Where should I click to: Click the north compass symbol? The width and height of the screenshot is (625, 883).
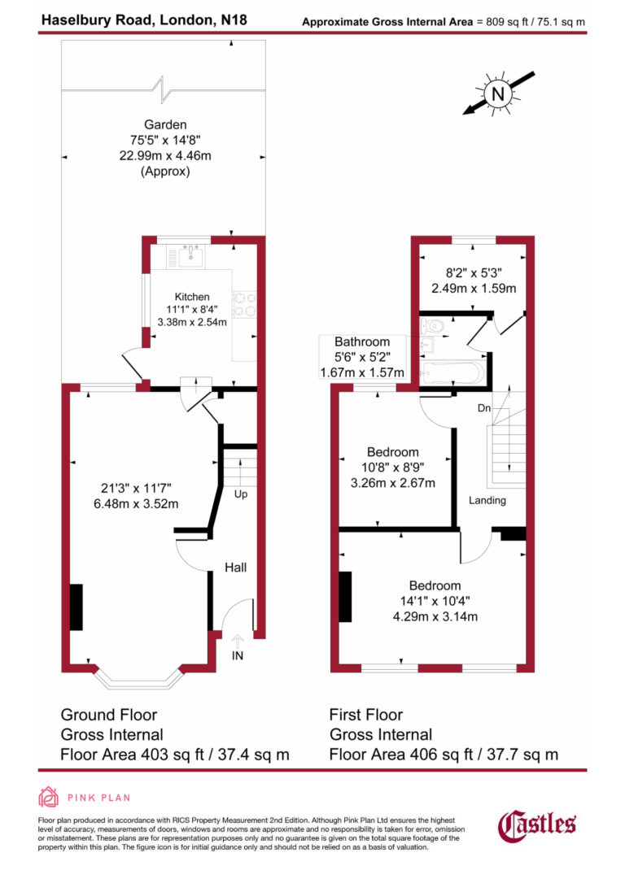pos(497,94)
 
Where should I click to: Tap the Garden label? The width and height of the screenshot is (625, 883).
pos(165,125)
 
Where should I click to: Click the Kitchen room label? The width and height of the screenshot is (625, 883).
pos(192,297)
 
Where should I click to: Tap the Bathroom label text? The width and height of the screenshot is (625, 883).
pos(362,341)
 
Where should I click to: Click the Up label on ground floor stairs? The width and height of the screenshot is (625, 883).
pos(241,494)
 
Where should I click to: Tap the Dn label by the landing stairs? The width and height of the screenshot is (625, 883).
pos(483,409)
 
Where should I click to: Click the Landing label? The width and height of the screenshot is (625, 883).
pos(487,500)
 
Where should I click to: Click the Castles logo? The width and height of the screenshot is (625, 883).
pos(537,824)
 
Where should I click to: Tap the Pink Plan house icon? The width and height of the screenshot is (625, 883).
pos(49,798)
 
